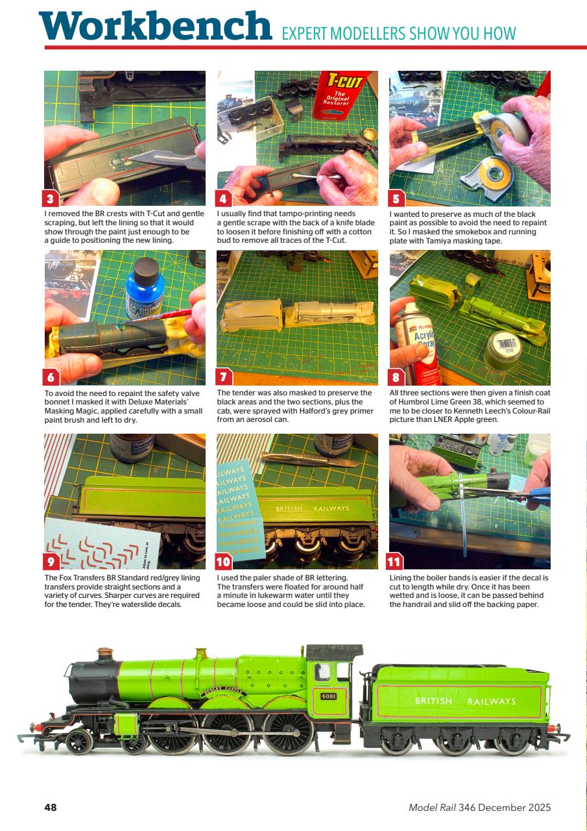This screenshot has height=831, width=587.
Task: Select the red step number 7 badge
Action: [224, 377]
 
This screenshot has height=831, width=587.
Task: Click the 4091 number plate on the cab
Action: [329, 697]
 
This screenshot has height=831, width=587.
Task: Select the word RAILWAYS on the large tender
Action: [491, 701]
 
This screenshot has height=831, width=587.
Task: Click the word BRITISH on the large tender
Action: [433, 701]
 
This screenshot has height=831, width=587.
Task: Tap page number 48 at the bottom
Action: [51, 808]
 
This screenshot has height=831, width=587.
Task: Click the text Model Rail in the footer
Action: [431, 808]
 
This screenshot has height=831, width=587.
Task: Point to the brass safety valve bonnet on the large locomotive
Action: [202, 653]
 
